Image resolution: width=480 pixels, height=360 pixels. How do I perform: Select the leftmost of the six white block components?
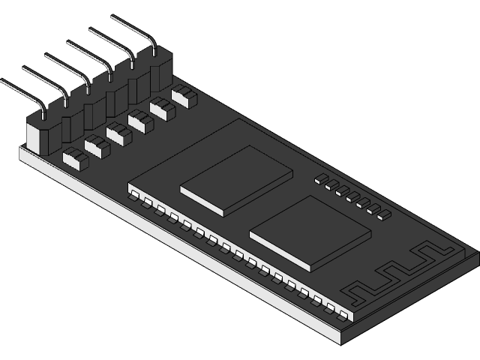click(76, 157)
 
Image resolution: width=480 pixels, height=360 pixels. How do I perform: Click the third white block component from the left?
click(118, 133)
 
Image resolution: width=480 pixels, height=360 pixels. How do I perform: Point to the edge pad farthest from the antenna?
click(134, 196)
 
